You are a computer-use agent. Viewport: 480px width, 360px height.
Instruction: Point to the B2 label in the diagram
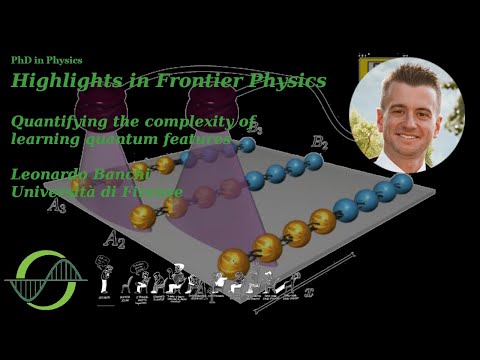click(x=319, y=144)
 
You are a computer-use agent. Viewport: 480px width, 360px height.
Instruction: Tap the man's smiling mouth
click(x=412, y=130)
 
